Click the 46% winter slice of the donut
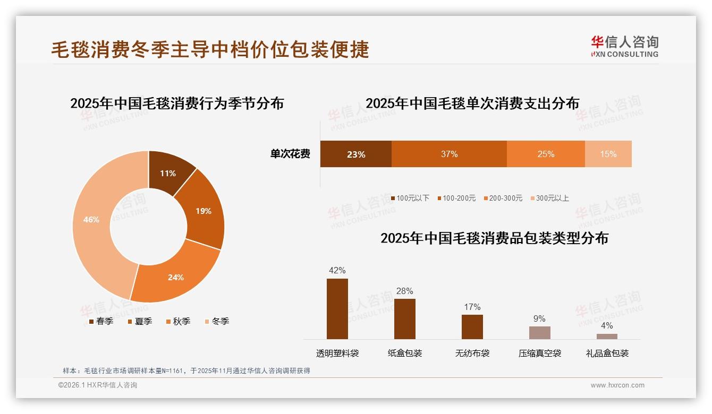pos(91,220)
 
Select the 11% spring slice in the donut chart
pos(168,173)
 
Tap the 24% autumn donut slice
pos(175,277)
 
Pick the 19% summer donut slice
pos(202,211)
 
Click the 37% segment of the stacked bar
pos(449,154)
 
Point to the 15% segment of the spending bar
pos(608,154)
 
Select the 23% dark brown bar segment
pos(355,154)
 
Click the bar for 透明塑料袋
pos(337,308)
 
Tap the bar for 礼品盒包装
pos(607,336)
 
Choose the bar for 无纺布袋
pos(472,326)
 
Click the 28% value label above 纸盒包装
pos(404,291)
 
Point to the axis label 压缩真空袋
pos(539,353)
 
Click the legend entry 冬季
pos(220,321)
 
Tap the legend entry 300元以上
pos(552,198)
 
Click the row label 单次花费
pos(290,154)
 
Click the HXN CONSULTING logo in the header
pos(624,46)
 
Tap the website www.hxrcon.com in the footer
pos(617,385)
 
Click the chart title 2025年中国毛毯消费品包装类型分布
pos(494,238)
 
